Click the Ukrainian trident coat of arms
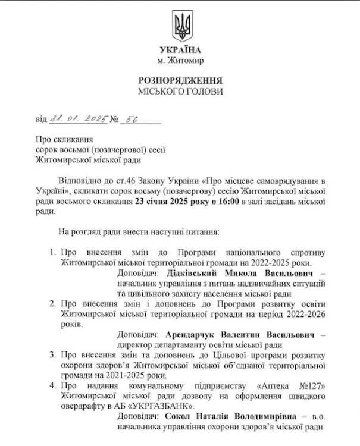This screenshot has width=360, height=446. (180, 26)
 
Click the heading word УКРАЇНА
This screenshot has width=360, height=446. (180, 50)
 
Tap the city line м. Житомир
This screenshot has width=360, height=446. (180, 61)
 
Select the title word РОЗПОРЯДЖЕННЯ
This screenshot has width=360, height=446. (180, 80)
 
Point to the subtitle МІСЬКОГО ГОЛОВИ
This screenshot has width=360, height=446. (180, 92)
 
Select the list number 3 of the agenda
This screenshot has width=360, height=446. (53, 355)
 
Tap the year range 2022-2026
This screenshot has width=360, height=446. (300, 313)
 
